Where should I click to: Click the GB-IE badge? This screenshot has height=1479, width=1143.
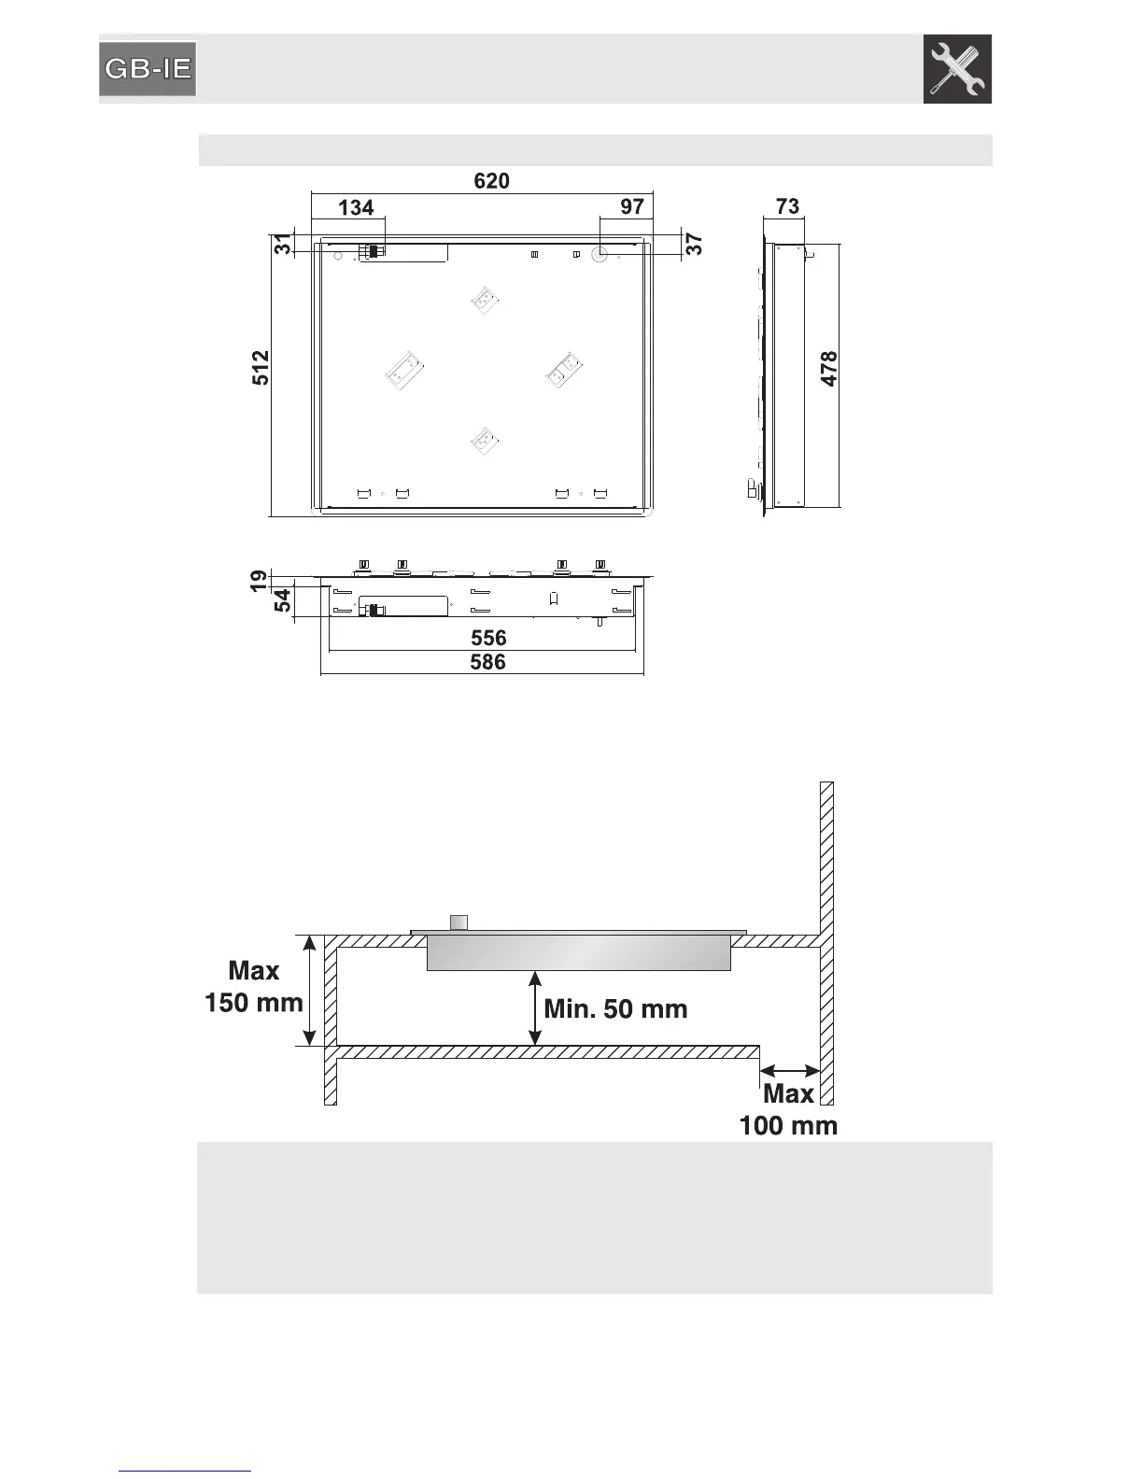point(148,69)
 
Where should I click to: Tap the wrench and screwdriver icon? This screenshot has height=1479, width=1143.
point(957,69)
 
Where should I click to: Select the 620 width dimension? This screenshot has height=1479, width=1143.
point(491,181)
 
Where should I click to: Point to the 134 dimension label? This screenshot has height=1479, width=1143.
point(356,207)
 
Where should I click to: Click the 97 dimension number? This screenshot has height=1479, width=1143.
point(632,207)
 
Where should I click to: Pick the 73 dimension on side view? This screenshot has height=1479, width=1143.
point(787,206)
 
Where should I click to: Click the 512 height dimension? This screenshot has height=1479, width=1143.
point(261,368)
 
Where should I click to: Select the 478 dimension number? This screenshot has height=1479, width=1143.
point(829,369)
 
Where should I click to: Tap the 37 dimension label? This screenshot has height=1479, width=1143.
point(694,244)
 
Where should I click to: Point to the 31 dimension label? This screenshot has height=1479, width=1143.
point(283,244)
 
